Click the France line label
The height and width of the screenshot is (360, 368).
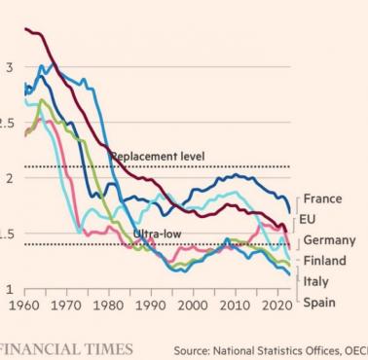click(x=322, y=198)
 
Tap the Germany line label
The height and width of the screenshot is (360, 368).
click(x=328, y=240)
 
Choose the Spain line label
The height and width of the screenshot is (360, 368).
click(x=319, y=303)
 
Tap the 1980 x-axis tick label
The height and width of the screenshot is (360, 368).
click(x=109, y=305)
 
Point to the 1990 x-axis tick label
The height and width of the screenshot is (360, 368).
click(x=151, y=305)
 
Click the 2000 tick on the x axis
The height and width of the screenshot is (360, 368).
click(x=193, y=305)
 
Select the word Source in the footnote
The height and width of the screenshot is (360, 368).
click(x=193, y=349)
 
